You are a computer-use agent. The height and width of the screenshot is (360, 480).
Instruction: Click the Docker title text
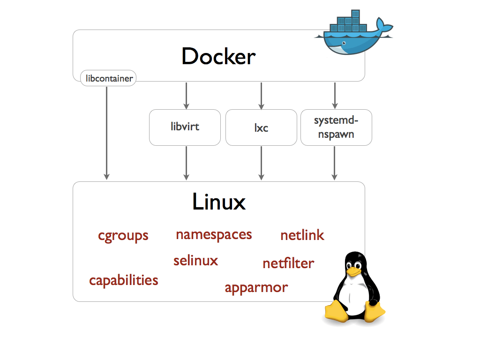point(218,57)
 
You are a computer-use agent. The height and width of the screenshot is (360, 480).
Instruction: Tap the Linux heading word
point(219,202)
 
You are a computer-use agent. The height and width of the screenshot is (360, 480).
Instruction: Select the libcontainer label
point(108,78)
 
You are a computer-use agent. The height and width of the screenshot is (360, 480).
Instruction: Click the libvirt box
point(185,127)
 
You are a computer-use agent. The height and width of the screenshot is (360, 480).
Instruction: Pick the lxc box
point(261,127)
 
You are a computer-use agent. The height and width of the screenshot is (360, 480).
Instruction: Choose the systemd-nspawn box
point(336,127)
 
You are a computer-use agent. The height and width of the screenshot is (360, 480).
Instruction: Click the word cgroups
point(123,235)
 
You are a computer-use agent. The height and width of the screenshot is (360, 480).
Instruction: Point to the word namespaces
point(214,234)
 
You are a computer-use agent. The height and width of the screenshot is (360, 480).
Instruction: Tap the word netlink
point(302,235)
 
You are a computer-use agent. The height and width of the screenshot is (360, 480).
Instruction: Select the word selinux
point(195,260)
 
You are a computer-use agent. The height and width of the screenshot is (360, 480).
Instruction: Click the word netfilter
point(288,263)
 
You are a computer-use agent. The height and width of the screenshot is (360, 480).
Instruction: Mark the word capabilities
point(124,280)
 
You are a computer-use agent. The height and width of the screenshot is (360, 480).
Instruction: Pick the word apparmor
point(256,287)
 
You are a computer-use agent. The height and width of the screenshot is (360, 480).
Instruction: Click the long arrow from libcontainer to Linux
point(107,131)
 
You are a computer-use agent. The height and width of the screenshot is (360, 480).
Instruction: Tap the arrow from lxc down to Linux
point(261,163)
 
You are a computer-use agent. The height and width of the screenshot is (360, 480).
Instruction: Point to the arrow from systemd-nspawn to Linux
point(334,163)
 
